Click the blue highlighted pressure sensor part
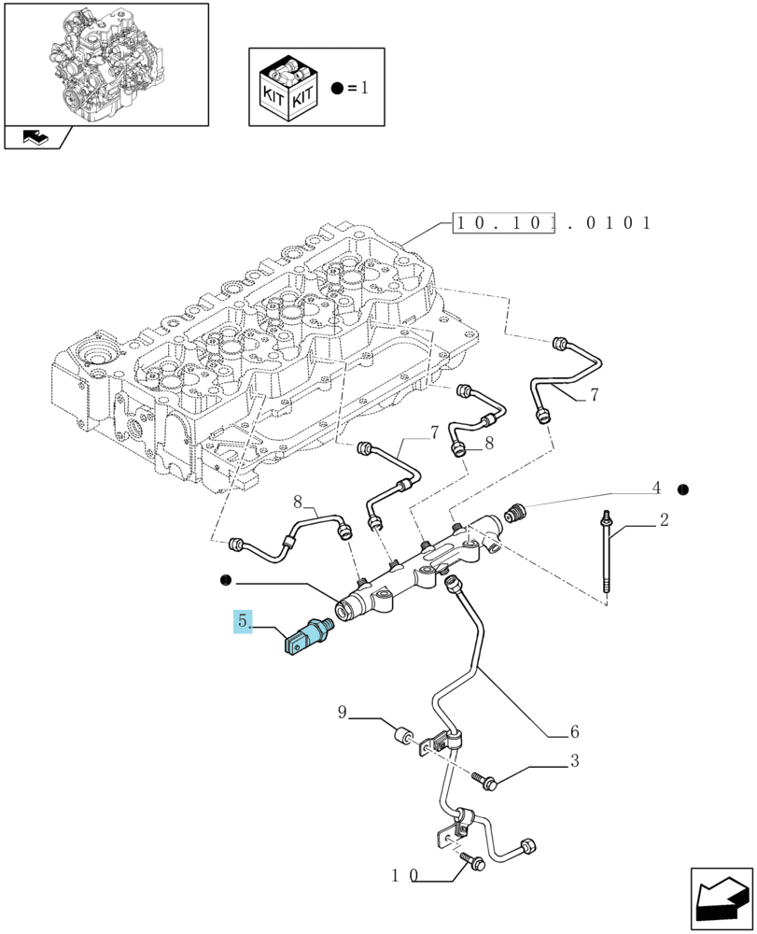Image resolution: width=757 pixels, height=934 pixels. point(308,637)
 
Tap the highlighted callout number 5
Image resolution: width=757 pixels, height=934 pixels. point(243,621)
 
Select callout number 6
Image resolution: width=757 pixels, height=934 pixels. point(574,731)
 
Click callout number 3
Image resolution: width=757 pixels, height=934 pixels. point(574,760)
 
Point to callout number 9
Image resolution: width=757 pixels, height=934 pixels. point(343,712)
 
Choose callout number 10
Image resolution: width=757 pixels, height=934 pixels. point(405,875)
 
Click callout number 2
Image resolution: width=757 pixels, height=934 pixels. point(665,519)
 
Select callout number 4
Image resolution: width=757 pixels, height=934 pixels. point(656,488)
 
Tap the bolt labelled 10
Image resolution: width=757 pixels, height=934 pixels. point(473,860)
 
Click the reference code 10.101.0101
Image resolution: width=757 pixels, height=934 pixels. point(553,223)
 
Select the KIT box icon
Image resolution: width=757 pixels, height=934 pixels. point(288,88)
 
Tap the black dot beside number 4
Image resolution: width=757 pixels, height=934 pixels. point(683,489)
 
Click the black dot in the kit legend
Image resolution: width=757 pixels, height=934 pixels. point(338,89)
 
